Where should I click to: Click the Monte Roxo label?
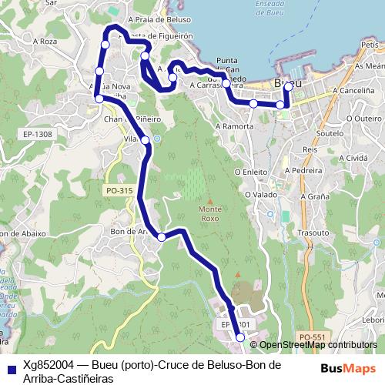[x=209, y=213]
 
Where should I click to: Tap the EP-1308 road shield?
[x=37, y=134]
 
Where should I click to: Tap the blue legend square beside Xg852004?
[x=9, y=367]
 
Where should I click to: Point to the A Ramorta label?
[x=235, y=124]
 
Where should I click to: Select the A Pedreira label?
[x=303, y=170]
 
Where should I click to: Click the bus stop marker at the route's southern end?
[x=240, y=337]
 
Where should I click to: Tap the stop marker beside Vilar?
[x=145, y=139]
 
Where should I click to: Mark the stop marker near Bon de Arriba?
[x=161, y=237]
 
